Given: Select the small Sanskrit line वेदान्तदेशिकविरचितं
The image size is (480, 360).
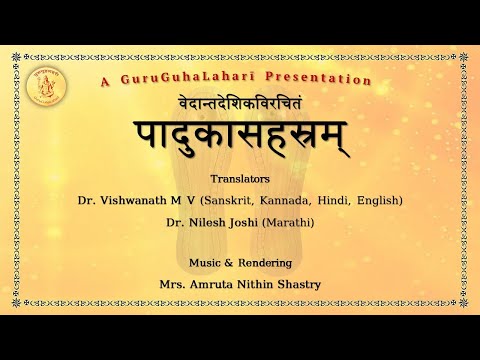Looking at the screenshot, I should [x=240, y=103].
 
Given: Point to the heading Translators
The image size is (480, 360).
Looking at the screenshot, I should [x=240, y=181].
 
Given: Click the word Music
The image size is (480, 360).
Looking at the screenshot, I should [x=204, y=263].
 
